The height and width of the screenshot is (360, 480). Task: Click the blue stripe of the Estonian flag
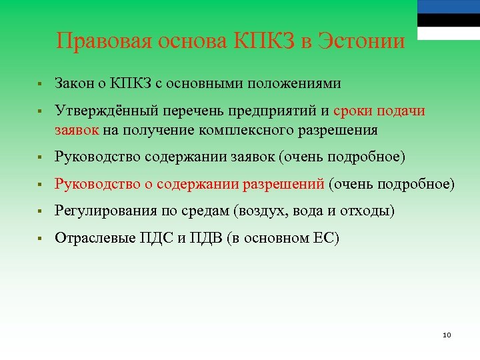pyautogui.click(x=448, y=7)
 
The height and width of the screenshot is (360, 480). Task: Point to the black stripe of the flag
pyautogui.click(x=448, y=20)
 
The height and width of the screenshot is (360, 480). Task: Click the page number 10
pyautogui.click(x=447, y=334)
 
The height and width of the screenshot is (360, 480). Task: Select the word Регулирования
pyautogui.click(x=106, y=211)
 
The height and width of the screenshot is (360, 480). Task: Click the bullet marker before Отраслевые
pyautogui.click(x=41, y=238)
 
